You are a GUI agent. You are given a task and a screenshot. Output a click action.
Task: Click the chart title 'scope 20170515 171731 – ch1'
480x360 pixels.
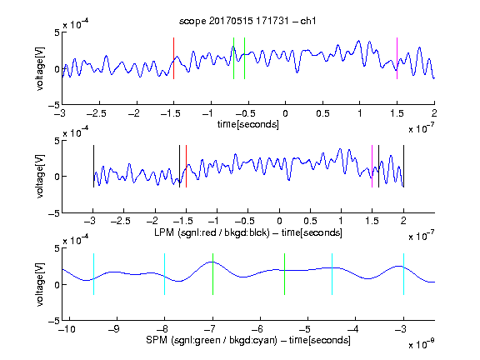tap(247, 21)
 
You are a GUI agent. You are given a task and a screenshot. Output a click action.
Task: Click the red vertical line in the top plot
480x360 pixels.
tap(173, 58)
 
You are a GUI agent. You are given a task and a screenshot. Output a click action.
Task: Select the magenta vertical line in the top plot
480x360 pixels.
tap(397, 58)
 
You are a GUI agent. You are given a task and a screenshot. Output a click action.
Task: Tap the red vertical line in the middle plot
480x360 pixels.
tap(186, 166)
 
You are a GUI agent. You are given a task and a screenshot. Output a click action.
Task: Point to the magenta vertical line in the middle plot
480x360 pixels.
tap(372, 166)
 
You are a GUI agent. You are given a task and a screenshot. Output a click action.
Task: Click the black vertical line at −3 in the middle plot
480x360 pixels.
tap(93, 166)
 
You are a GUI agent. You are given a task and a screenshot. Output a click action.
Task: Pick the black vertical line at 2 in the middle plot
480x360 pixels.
tap(403, 166)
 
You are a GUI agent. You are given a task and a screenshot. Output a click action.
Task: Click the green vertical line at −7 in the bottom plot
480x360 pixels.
tap(212, 274)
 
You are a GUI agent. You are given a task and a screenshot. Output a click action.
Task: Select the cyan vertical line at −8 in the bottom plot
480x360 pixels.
tap(165, 274)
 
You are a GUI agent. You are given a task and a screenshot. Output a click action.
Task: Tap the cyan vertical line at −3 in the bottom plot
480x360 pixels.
tap(403, 274)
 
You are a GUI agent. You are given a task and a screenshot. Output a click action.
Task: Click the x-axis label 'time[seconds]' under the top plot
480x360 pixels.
tap(248, 124)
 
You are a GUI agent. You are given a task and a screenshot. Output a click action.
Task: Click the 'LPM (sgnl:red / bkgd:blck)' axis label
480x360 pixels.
tap(212, 232)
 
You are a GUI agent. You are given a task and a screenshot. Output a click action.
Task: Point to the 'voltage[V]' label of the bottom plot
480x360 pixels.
tap(40, 284)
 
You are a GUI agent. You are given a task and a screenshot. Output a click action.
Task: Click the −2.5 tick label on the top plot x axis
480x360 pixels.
tap(96, 113)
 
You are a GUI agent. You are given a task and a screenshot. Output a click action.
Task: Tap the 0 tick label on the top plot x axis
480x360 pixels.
tap(285, 113)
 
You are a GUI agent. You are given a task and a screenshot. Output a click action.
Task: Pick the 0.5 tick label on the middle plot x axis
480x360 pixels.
tap(310, 221)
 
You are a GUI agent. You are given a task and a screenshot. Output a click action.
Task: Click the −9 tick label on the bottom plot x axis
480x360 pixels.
tap(114, 329)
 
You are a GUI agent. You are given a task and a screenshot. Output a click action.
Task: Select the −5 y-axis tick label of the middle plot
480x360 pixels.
tap(54, 213)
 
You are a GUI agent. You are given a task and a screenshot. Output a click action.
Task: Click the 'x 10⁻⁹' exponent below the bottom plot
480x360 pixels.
tap(421, 343)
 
